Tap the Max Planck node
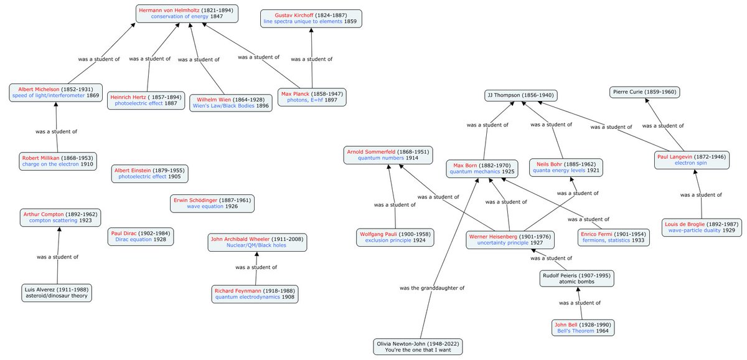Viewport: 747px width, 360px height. point(311,97)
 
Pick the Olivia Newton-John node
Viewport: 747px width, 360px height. point(420,347)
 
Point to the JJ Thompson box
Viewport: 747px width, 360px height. point(520,95)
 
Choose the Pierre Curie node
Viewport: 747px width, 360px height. point(644,92)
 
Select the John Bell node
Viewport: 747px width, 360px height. point(582,328)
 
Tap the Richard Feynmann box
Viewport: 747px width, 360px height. point(255,294)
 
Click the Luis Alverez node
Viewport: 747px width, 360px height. point(57,293)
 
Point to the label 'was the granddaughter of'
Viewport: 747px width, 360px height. point(432,288)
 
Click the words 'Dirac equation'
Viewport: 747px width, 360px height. point(133,239)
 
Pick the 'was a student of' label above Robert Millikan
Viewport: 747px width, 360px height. point(57,131)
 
